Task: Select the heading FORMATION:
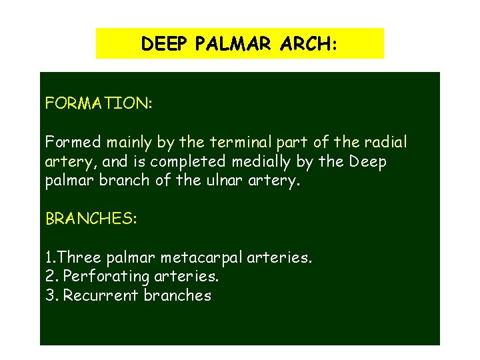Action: pos(98,103)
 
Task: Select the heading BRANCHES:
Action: pos(91,219)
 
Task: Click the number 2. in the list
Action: pos(51,276)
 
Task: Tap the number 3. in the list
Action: pos(51,295)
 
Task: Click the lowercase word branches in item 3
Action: pos(177,295)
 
